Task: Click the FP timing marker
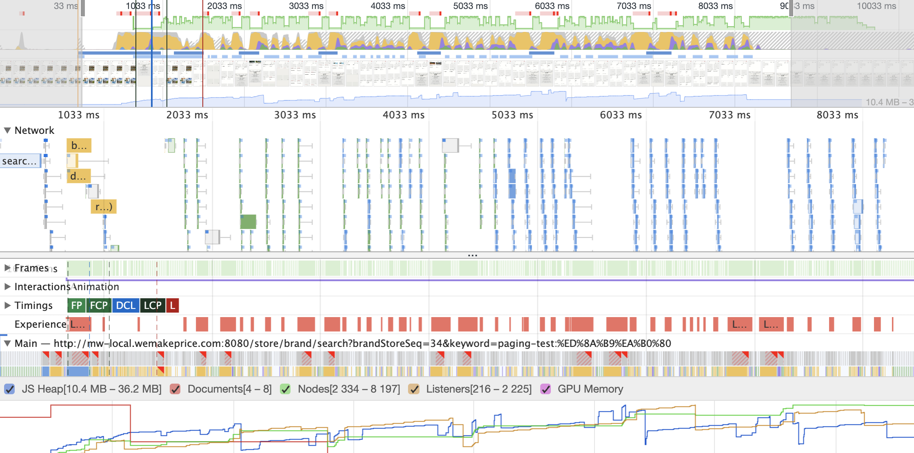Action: click(76, 306)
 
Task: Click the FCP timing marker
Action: click(99, 306)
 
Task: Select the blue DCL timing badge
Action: click(126, 306)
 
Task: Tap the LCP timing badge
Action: click(153, 306)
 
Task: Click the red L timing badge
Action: click(173, 306)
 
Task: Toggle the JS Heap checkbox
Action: click(10, 389)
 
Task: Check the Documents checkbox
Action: click(175, 389)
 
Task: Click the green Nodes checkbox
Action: click(286, 389)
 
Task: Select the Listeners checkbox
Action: click(414, 389)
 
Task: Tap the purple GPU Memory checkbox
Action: click(546, 389)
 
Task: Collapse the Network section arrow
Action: click(7, 130)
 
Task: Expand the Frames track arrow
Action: click(7, 268)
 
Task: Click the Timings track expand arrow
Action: click(7, 305)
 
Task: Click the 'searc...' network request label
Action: click(20, 161)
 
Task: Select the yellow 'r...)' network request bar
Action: click(104, 207)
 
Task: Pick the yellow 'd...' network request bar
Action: click(78, 176)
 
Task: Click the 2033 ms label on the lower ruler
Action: click(187, 115)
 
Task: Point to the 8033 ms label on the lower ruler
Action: click(837, 115)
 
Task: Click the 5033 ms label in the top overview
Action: click(470, 6)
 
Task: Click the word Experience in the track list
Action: click(40, 324)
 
